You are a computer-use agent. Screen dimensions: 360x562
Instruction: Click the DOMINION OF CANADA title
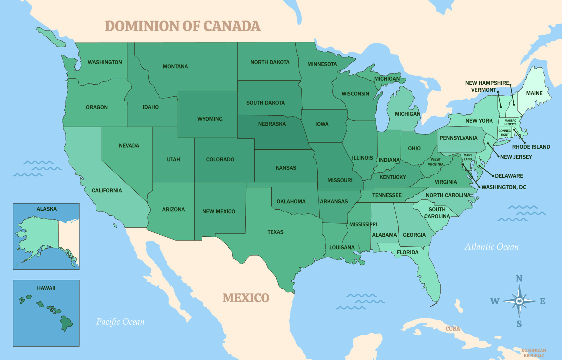183,26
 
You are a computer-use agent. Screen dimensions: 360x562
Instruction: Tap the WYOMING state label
210,119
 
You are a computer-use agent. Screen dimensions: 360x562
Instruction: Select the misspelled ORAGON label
97,108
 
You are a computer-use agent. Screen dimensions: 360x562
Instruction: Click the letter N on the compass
519,278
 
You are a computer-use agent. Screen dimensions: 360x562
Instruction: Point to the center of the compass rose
519,301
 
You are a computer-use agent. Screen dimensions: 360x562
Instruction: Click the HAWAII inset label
46,288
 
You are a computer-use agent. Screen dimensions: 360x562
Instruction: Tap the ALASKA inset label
47,209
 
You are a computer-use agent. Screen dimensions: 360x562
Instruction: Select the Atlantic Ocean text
492,247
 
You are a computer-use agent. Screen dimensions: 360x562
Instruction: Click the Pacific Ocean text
120,322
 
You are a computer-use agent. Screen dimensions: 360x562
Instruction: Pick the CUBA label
453,329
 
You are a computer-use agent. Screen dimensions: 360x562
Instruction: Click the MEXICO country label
246,298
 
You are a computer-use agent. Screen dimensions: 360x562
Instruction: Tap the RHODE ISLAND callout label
531,147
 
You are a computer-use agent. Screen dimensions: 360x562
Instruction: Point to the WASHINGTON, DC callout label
504,187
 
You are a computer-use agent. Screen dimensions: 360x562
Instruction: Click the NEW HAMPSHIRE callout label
487,83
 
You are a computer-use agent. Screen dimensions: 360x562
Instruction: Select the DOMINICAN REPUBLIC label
533,353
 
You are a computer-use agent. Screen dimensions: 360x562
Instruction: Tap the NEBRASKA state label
272,124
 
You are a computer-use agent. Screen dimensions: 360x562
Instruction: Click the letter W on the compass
495,301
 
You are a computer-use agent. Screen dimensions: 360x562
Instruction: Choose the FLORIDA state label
407,252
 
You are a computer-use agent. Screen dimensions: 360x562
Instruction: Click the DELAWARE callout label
509,176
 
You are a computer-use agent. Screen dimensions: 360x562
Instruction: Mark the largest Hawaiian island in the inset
66,323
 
